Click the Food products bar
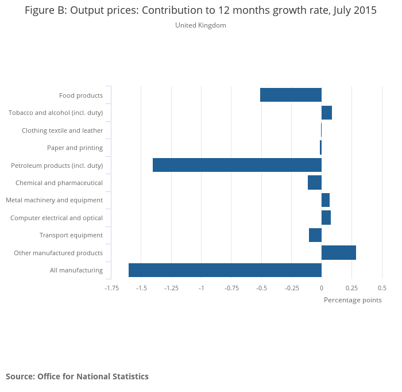291,95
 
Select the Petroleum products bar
237,165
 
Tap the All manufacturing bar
225,270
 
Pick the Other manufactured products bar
338,252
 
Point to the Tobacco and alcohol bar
326,113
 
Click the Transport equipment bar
315,235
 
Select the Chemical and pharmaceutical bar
314,183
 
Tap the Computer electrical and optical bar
326,218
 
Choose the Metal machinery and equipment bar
325,200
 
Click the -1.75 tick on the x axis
111,287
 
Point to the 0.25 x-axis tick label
351,287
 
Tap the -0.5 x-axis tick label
261,287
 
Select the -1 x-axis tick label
202,287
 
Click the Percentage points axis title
353,300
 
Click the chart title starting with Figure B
200,11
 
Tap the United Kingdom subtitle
200,25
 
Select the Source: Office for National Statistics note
77,376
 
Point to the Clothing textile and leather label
62,130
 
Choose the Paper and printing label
75,148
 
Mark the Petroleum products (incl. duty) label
57,166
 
